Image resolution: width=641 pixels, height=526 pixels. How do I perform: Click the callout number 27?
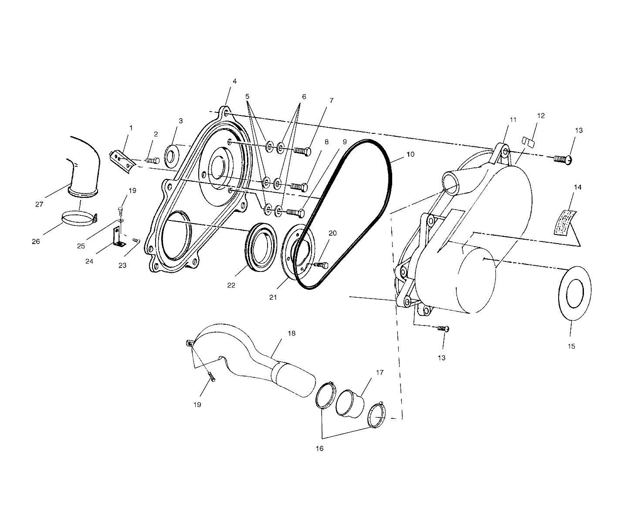pyautogui.click(x=40, y=204)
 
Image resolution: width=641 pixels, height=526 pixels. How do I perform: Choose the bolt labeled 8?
pyautogui.click(x=298, y=187)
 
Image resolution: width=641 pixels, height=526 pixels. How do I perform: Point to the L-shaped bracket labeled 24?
pyautogui.click(x=118, y=237)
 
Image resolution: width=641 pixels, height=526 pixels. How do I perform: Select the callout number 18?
pyautogui.click(x=292, y=333)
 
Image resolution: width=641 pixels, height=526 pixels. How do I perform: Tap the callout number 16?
pyautogui.click(x=320, y=448)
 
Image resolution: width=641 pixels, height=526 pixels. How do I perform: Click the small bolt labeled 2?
pyautogui.click(x=152, y=160)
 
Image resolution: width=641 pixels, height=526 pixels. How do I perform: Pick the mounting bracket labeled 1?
pyautogui.click(x=122, y=159)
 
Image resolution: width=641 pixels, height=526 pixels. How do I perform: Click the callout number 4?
pyautogui.click(x=234, y=81)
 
